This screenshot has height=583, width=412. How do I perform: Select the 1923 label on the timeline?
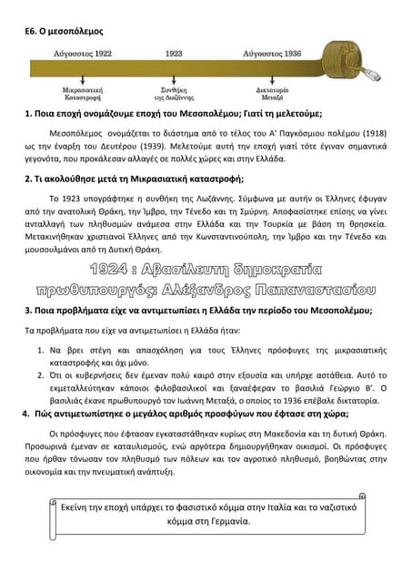click(174, 54)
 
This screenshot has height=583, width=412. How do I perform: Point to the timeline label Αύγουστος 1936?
click(266, 54)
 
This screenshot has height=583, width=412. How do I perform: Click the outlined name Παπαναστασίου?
click(300, 291)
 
